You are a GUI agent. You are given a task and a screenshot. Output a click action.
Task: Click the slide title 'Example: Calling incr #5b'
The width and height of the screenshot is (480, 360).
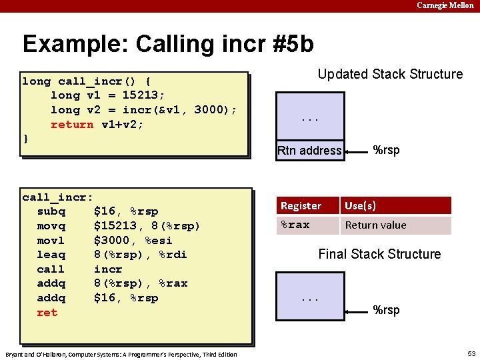167,44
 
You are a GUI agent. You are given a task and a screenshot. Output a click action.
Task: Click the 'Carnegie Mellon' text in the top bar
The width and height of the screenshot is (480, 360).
445,5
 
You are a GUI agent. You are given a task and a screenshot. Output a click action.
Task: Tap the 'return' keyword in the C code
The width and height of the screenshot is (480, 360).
72,125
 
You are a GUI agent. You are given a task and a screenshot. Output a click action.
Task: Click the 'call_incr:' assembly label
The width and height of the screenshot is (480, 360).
57,197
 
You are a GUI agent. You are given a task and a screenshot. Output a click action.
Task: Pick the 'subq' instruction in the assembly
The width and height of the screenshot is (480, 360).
51,211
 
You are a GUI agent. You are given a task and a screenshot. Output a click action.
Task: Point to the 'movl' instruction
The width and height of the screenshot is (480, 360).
51,240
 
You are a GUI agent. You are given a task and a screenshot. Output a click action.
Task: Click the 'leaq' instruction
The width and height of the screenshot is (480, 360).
51,255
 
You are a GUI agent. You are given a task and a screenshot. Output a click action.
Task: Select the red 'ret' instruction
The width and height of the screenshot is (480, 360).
47,313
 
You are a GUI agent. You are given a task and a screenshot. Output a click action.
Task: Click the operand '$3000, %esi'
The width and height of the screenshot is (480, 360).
133,240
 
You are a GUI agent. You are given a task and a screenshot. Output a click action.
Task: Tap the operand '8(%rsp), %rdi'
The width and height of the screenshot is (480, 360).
140,255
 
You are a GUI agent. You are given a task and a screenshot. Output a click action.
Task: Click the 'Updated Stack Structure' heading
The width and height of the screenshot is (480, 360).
390,74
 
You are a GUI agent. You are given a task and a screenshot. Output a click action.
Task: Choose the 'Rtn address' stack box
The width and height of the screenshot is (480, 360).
309,151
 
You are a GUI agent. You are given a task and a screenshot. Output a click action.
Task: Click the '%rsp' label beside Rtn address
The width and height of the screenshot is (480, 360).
386,150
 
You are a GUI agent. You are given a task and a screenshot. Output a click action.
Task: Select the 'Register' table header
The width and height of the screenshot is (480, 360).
301,206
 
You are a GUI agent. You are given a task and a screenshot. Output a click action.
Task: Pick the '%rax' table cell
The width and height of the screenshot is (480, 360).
295,225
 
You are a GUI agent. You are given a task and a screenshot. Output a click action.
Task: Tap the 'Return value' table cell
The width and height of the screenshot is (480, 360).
375,225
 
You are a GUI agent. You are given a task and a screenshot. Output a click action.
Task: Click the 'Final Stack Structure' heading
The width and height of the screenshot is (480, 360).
379,254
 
